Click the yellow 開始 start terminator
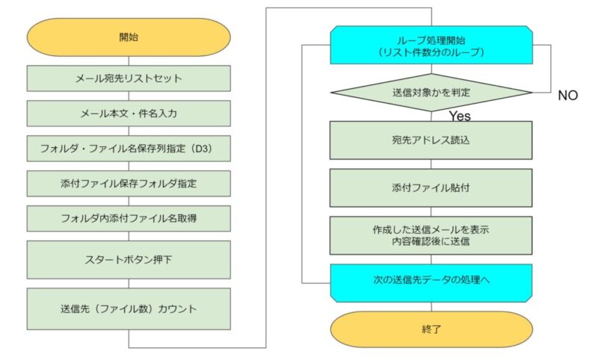[129, 37]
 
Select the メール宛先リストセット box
[129, 78]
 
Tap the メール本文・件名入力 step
[129, 114]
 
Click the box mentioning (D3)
[129, 149]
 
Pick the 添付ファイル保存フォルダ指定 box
[129, 184]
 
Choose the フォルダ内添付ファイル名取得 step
[129, 219]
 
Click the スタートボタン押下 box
[129, 260]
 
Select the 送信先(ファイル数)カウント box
[129, 309]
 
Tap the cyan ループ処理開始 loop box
[431, 45]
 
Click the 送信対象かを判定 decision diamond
[431, 93]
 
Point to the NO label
[568, 96]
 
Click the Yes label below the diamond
[460, 116]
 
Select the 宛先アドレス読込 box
[431, 140]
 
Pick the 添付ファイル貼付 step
[431, 187]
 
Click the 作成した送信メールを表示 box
[431, 235]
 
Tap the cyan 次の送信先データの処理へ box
[431, 283]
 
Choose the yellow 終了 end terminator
[431, 329]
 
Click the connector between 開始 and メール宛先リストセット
[129, 61]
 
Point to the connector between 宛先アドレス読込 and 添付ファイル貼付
[431, 164]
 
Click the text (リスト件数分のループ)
[431, 52]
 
